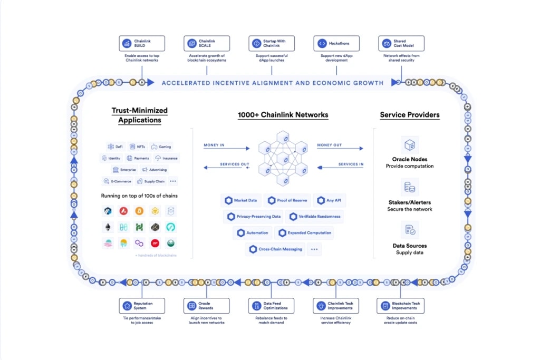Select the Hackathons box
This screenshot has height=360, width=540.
click(336, 43)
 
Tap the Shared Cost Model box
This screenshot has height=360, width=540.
click(401, 43)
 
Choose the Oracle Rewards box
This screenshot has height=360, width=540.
click(206, 306)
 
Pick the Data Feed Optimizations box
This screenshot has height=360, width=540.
click(271, 306)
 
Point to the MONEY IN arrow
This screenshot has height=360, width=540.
click(227, 149)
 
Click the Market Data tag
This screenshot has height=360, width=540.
click(241, 200)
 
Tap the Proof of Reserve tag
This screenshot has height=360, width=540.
click(287, 200)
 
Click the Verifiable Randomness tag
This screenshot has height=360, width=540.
click(315, 217)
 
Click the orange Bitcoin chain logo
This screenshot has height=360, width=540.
click(139, 211)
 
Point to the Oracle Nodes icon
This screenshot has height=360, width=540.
click(410, 144)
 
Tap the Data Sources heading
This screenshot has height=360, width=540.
click(410, 246)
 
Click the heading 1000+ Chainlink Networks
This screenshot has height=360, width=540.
click(283, 115)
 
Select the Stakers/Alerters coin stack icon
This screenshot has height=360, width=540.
click(410, 187)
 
